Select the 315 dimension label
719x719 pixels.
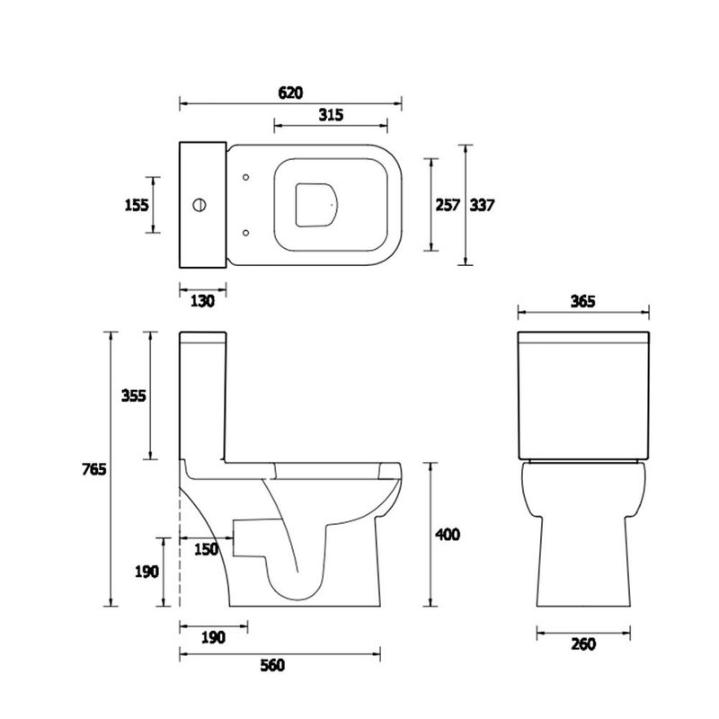tap(330, 115)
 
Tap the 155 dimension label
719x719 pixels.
tap(137, 205)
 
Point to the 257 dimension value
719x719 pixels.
tap(448, 205)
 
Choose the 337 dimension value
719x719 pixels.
tap(483, 205)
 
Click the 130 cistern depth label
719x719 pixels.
tap(203, 302)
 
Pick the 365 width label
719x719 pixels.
tap(583, 302)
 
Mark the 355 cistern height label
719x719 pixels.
tap(133, 395)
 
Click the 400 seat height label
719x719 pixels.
tap(447, 535)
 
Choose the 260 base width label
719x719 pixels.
tap(582, 644)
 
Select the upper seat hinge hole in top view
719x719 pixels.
tap(245, 177)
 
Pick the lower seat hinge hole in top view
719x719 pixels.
tap(245, 234)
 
